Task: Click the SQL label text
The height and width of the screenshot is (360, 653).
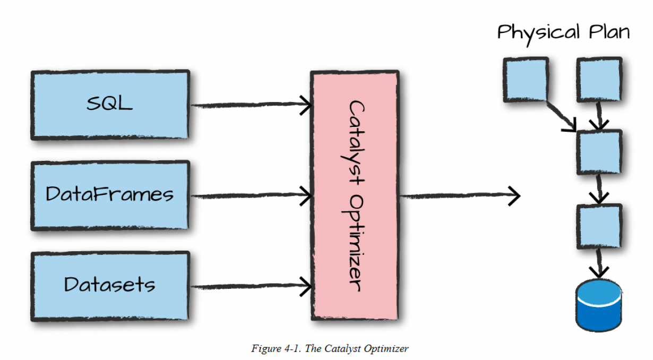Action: [109, 103]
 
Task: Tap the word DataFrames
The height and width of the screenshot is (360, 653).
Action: [109, 194]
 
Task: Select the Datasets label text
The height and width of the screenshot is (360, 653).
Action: [109, 285]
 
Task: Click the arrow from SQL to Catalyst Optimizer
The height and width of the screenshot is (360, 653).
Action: [251, 105]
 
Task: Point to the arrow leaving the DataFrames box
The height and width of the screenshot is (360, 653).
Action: [251, 195]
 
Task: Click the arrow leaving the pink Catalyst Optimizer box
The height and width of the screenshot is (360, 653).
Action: [460, 196]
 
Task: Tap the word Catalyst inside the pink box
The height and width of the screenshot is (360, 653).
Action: [355, 143]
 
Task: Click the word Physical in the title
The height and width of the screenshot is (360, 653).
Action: [538, 33]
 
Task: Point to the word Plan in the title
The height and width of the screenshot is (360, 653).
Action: [609, 32]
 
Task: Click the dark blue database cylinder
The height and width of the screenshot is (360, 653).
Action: [599, 305]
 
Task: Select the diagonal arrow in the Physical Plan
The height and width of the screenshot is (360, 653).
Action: [562, 117]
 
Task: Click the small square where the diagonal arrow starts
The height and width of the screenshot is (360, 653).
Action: [526, 80]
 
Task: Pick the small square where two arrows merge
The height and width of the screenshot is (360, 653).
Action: [599, 152]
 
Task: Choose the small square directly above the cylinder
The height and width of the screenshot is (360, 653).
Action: [599, 227]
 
